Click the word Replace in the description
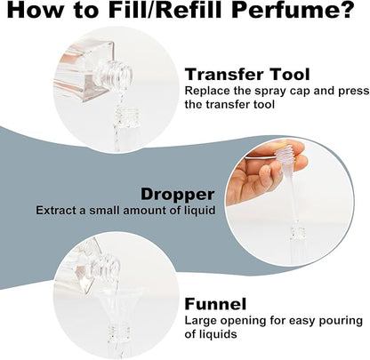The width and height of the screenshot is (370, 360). pyautogui.click(x=207, y=91)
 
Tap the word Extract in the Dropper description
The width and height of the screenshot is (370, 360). pyautogui.click(x=59, y=211)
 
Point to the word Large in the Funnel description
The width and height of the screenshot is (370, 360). pyautogui.click(x=202, y=319)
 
